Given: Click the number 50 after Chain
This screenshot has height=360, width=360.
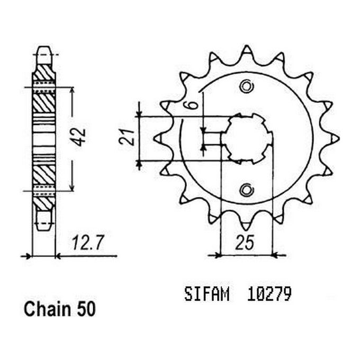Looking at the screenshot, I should pyautogui.click(x=85, y=309).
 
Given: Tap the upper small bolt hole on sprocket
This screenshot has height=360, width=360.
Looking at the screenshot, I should pyautogui.click(x=246, y=86).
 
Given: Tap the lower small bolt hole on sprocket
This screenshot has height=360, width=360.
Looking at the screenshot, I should pyautogui.click(x=246, y=189).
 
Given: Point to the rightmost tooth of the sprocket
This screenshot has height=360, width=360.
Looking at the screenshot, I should pyautogui.click(x=335, y=138).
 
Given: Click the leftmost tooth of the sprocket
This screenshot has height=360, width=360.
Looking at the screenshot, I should pyautogui.click(x=157, y=138).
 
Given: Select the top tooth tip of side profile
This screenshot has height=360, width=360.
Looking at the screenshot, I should pyautogui.click(x=44, y=51).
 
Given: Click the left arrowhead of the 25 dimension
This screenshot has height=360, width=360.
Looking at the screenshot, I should pyautogui.click(x=218, y=255).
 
